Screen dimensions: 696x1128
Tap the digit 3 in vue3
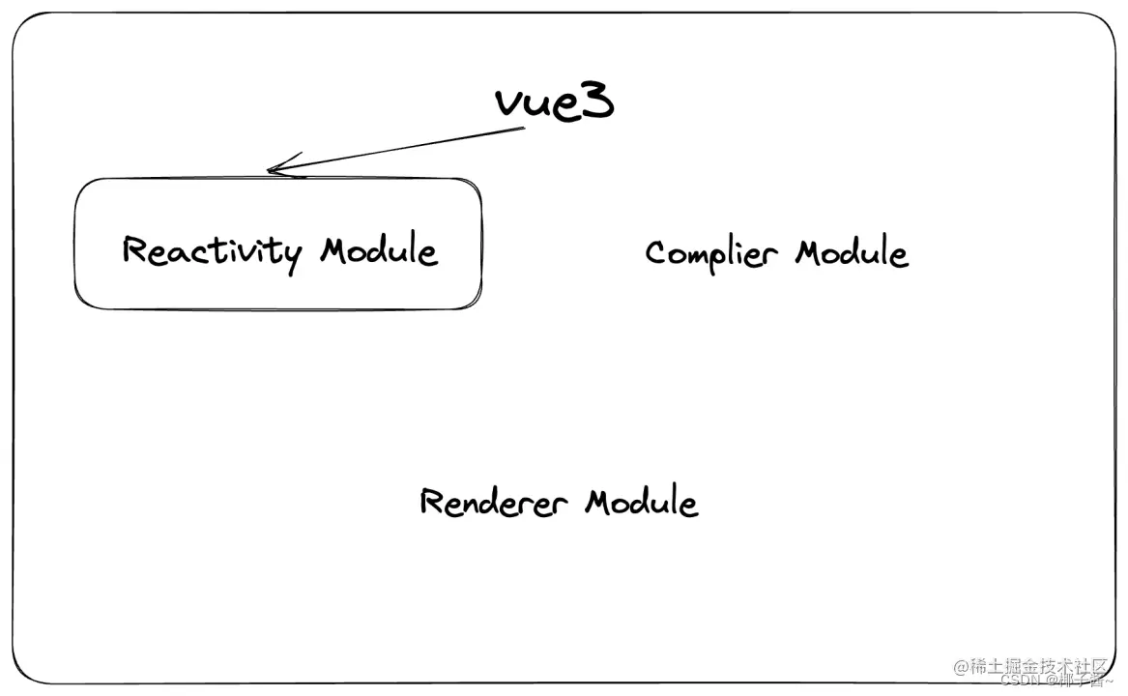pyautogui.click(x=597, y=101)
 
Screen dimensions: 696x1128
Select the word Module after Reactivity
pyautogui.click(x=379, y=251)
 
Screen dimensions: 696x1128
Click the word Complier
pyautogui.click(x=710, y=254)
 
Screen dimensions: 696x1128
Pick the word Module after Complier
pyautogui.click(x=852, y=254)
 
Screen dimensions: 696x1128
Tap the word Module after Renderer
pyautogui.click(x=642, y=503)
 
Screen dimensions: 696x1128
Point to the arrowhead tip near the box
pyautogui.click(x=270, y=172)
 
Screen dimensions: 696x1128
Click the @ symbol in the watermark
pyautogui.click(x=961, y=666)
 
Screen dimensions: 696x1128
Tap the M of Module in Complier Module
pyautogui.click(x=811, y=254)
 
